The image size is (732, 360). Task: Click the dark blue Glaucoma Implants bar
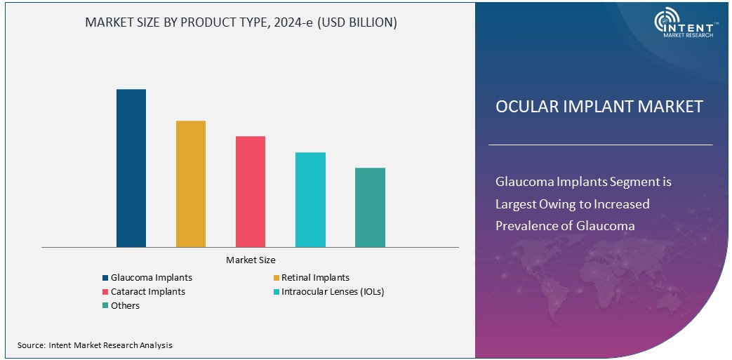[x=131, y=168]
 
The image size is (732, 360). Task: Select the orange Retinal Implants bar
[x=191, y=184]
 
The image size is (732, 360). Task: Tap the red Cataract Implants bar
[x=251, y=192]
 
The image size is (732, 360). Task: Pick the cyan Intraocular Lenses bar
[x=310, y=200]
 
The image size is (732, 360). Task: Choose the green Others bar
[x=370, y=208]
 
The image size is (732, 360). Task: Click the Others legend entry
[x=125, y=305]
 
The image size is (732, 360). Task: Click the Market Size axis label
[x=251, y=260]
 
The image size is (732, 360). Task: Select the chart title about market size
[x=241, y=22]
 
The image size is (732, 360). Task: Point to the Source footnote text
[x=95, y=345]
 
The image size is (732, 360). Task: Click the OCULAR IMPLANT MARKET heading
[x=599, y=107]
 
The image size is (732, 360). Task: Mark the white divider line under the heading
[x=600, y=145]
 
